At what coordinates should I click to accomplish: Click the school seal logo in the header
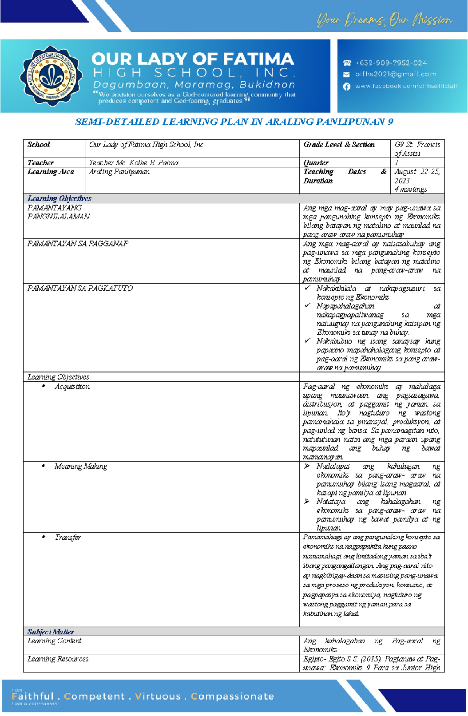point(51,76)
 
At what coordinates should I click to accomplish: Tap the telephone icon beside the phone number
point(347,63)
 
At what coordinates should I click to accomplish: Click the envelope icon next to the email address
point(346,74)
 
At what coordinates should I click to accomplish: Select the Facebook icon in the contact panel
point(346,86)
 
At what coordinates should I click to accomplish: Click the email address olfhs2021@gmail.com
point(395,74)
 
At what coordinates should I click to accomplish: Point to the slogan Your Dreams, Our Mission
point(384,20)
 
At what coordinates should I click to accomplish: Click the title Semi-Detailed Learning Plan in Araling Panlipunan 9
point(234,122)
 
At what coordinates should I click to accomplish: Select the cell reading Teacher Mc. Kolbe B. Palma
point(134,163)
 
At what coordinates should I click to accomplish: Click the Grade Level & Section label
point(339,145)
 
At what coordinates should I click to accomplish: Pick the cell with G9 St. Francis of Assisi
point(417,149)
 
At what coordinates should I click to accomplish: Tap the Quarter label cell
point(316,163)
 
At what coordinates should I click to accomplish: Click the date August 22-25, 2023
point(417,176)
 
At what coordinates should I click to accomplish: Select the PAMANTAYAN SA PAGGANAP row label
point(78,244)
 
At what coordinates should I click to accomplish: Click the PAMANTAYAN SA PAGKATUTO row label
point(80,288)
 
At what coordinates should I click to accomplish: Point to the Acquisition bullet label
point(72,386)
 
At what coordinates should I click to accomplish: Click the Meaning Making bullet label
point(81,466)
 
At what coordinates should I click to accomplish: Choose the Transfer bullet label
point(67,537)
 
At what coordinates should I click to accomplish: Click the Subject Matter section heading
point(51,632)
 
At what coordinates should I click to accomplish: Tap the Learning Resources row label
point(58,659)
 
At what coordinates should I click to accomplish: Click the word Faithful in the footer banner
point(33,696)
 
